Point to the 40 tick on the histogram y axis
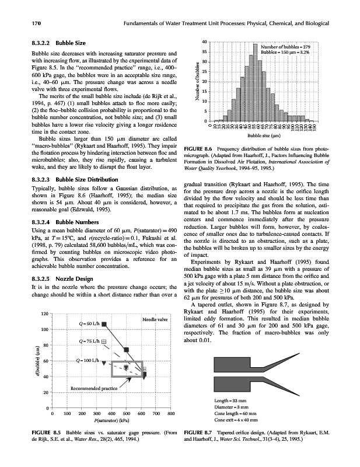(204, 42)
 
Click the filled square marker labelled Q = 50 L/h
(104, 323)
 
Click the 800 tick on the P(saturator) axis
(171, 414)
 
